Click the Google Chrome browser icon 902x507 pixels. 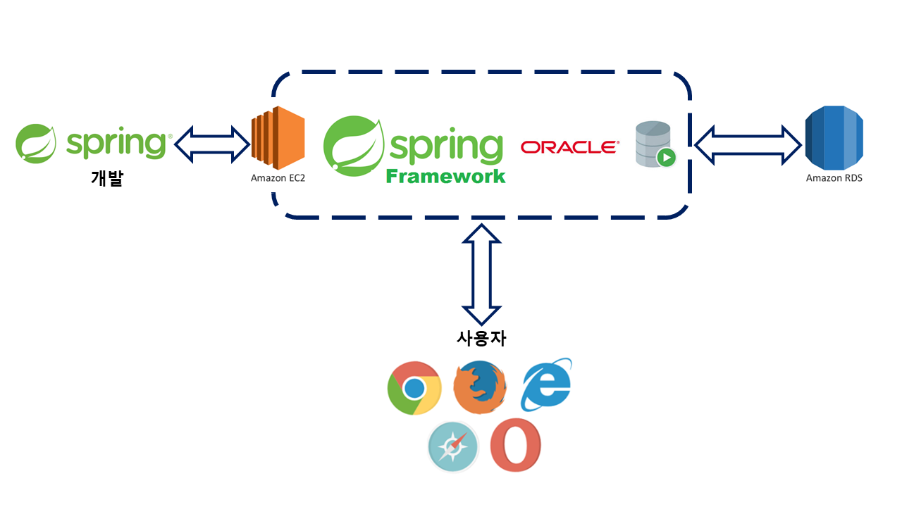414,388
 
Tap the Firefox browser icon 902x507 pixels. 479,388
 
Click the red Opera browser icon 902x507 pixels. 516,445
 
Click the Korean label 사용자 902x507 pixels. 481,338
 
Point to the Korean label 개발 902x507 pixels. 107,177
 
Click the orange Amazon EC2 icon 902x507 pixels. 278,137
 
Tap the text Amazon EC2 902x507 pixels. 278,178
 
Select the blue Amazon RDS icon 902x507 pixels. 834,137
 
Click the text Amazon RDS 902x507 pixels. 834,178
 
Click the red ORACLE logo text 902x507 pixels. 569,147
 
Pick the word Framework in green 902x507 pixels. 445,176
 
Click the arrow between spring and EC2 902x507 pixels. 211,144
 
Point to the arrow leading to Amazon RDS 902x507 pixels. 748,144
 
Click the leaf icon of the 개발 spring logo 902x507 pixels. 36,144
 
